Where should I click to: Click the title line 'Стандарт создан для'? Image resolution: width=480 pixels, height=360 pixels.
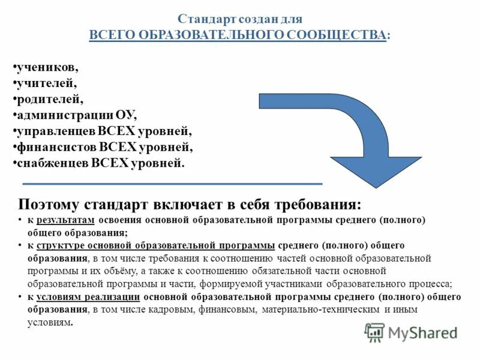click(240, 19)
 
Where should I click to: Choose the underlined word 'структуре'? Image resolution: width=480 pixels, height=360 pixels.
click(58, 245)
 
